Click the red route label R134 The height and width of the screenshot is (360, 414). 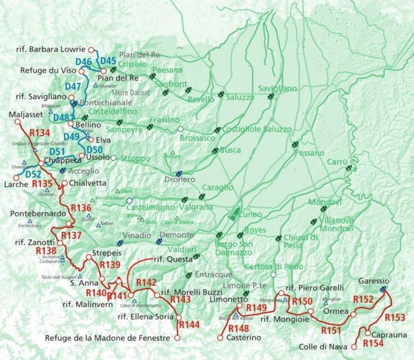click(x=39, y=133)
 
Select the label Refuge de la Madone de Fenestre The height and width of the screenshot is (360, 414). click(x=109, y=338)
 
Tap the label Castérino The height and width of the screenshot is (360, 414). click(x=237, y=338)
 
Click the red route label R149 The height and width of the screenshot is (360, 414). click(x=256, y=308)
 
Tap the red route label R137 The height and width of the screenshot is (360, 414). click(x=71, y=235)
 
